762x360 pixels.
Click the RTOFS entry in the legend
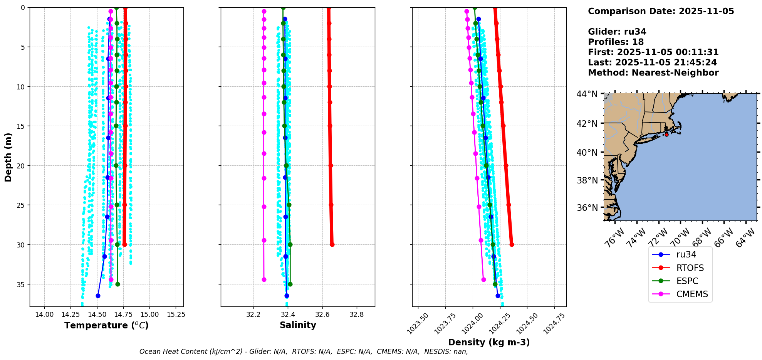pyautogui.click(x=690, y=268)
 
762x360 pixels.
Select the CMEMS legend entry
pyautogui.click(x=692, y=294)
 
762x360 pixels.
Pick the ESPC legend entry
pyautogui.click(x=687, y=281)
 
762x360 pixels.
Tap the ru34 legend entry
pyautogui.click(x=686, y=254)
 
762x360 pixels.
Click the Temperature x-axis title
pyautogui.click(x=106, y=325)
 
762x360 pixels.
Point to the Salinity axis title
pyautogui.click(x=298, y=325)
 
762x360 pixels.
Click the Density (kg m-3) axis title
pyautogui.click(x=489, y=342)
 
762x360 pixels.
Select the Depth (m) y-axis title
pyautogui.click(x=8, y=157)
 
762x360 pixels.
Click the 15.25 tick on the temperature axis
pyautogui.click(x=176, y=315)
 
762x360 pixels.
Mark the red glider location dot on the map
pyautogui.click(x=666, y=135)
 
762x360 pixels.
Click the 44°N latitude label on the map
pyautogui.click(x=587, y=94)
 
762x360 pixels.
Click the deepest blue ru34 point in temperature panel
pyautogui.click(x=98, y=296)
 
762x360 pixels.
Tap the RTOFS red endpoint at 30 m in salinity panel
pyautogui.click(x=332, y=244)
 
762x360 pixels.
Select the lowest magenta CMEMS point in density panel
pyautogui.click(x=483, y=279)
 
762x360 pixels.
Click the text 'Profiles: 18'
pyautogui.click(x=616, y=42)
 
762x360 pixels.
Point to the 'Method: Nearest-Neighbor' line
pyautogui.click(x=653, y=73)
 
